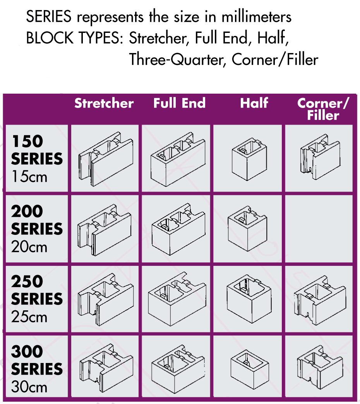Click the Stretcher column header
pyautogui.click(x=104, y=103)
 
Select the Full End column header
pyautogui.click(x=179, y=103)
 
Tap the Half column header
pyautogui.click(x=254, y=103)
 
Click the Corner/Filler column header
pyautogui.click(x=323, y=109)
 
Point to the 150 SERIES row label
pyautogui.click(x=37, y=150)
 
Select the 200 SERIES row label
pyautogui.click(x=37, y=220)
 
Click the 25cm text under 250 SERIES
pyautogui.click(x=29, y=317)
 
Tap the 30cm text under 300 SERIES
pyautogui.click(x=29, y=387)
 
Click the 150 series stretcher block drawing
pyautogui.click(x=106, y=159)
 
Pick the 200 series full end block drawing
pyautogui.click(x=178, y=229)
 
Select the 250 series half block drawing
pyautogui.click(x=249, y=299)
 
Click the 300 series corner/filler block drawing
pyautogui.click(x=320, y=368)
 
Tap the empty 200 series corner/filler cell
pyautogui.click(x=319, y=229)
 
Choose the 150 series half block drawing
pyautogui.click(x=249, y=159)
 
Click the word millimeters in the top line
pyautogui.click(x=256, y=17)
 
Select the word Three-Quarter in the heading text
pyautogui.click(x=176, y=60)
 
